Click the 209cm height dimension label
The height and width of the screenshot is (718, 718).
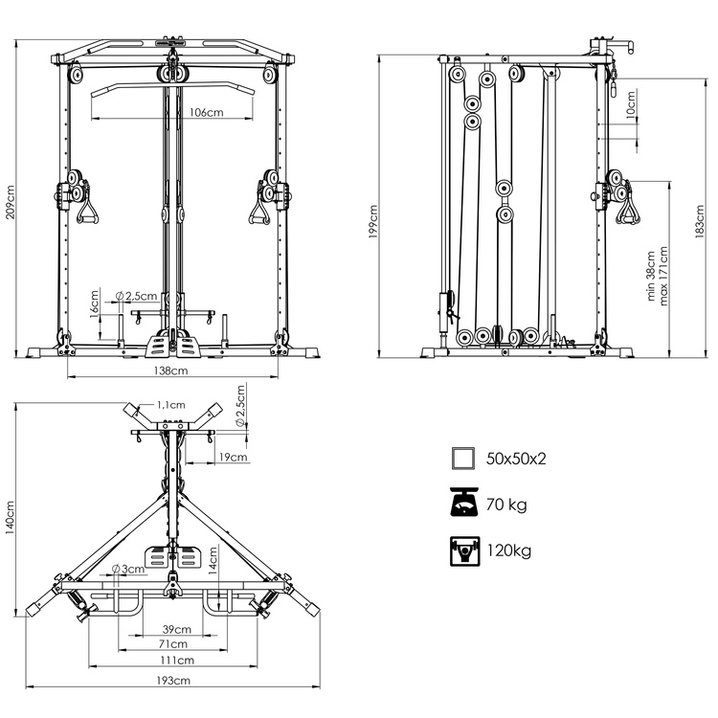tap(10, 202)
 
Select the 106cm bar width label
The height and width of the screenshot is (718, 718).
tap(206, 112)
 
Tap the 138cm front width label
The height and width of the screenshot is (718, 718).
tap(172, 370)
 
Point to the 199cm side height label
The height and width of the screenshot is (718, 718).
tap(373, 221)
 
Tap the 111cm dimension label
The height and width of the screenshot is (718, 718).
tap(176, 661)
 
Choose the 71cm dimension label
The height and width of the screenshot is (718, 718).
tap(174, 645)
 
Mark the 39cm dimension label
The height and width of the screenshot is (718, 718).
tap(175, 630)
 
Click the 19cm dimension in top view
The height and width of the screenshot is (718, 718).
tap(232, 458)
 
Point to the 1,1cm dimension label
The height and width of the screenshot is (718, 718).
tap(171, 406)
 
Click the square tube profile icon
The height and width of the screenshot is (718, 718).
tap(463, 458)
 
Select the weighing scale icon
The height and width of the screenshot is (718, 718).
tap(463, 504)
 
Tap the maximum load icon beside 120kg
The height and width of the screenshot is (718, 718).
tap(463, 550)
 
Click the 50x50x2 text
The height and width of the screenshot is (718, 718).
tap(515, 459)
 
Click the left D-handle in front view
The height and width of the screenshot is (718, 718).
tap(88, 208)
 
